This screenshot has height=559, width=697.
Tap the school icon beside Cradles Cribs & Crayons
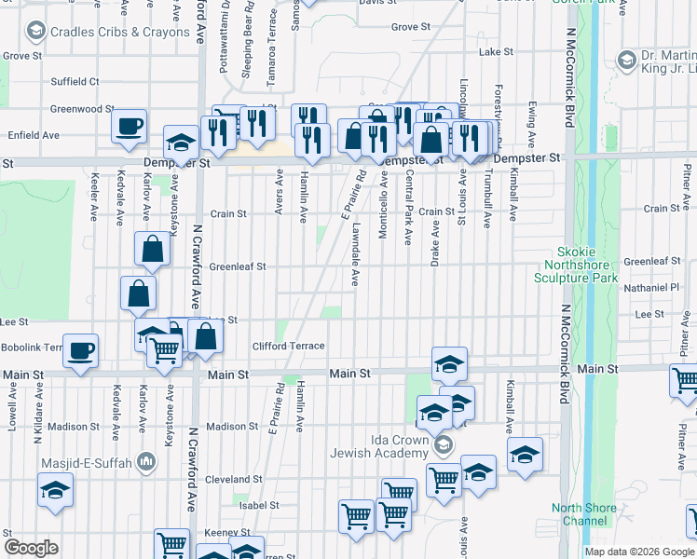point(36,32)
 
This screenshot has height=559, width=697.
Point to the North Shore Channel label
point(584,514)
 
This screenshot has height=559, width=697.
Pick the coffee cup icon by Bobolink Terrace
point(81,350)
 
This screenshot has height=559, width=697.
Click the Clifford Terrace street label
point(288,347)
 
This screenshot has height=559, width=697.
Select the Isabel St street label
point(259,506)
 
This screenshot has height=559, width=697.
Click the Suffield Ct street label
point(75,82)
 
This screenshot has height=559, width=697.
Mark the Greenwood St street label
point(75,109)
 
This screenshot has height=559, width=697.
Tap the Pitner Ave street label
point(684,359)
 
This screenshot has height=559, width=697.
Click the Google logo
point(31,548)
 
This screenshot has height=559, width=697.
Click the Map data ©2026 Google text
point(639,552)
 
